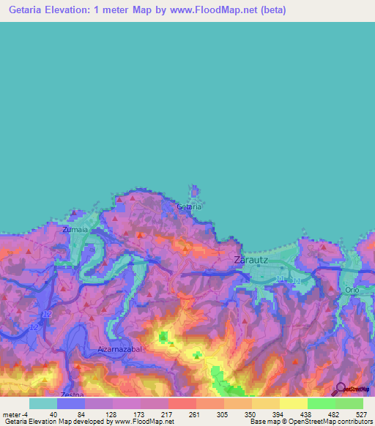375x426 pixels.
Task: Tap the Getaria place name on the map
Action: tap(189, 207)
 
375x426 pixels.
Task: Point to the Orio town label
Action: tap(352, 291)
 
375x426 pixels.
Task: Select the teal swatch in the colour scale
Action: tap(43, 403)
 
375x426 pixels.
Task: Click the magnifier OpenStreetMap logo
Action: tap(341, 389)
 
